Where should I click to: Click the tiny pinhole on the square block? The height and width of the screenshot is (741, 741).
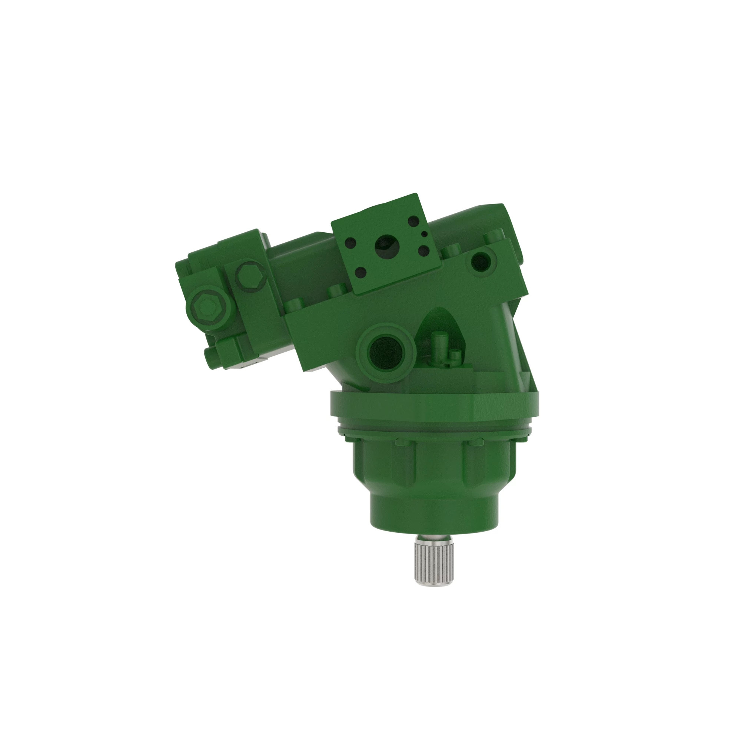(x=424, y=233)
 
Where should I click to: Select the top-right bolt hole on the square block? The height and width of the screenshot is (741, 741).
(x=413, y=220)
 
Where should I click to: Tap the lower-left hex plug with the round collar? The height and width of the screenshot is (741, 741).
(x=206, y=307)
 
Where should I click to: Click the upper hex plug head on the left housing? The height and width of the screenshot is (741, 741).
(x=250, y=276)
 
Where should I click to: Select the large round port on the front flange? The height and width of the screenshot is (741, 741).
(x=385, y=352)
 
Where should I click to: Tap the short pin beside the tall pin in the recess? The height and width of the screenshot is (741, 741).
(x=455, y=358)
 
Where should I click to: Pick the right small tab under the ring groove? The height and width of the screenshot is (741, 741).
(x=476, y=442)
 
